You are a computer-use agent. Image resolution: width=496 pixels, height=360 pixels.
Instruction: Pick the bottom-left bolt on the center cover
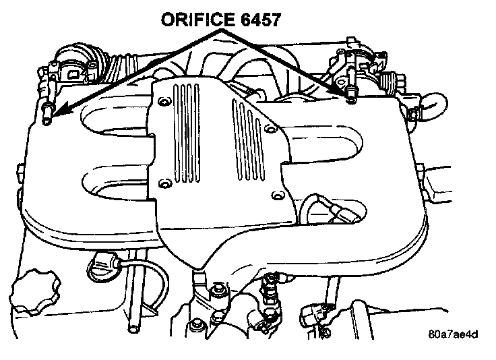(x=163, y=183)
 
